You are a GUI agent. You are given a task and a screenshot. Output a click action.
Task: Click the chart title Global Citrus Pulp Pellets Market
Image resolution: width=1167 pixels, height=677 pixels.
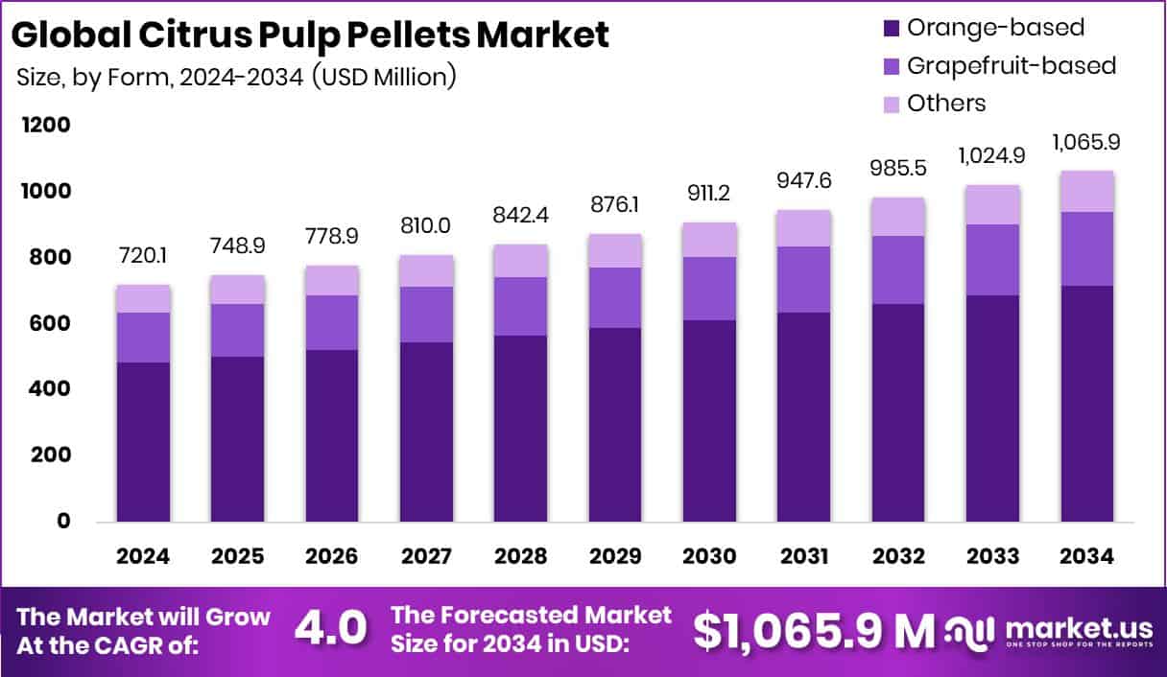click(311, 35)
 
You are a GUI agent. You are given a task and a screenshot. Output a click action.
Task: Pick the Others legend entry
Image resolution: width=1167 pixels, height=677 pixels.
click(946, 103)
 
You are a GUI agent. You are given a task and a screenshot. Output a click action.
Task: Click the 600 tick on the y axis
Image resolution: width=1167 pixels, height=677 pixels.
click(49, 324)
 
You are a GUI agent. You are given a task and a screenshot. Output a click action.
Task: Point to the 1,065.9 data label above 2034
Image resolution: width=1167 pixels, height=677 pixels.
click(1087, 142)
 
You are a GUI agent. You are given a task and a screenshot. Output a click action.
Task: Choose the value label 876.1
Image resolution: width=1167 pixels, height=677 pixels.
click(615, 205)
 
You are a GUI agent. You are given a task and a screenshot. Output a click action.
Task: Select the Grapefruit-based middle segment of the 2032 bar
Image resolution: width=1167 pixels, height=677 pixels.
click(897, 269)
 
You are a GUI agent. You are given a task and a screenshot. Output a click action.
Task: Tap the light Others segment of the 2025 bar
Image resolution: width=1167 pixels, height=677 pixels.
click(238, 290)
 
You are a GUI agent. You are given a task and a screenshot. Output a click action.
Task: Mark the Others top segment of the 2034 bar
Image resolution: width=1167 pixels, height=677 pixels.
click(1087, 191)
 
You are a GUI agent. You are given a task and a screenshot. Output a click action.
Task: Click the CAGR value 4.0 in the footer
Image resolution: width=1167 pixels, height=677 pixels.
click(330, 629)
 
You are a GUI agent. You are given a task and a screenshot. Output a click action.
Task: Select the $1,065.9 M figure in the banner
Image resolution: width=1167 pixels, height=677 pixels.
click(813, 630)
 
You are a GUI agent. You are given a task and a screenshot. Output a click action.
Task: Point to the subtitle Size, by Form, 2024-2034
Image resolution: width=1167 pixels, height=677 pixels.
click(235, 78)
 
